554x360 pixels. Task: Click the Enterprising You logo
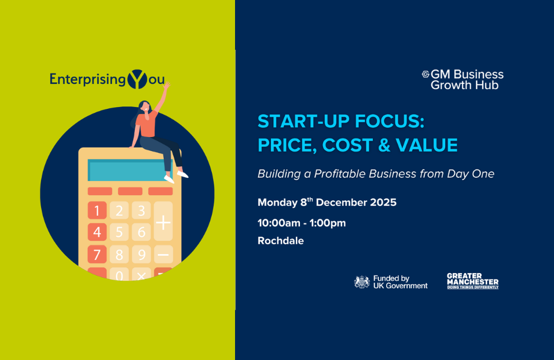(107, 79)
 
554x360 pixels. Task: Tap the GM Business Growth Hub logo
(463, 79)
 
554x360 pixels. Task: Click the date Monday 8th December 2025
(327, 203)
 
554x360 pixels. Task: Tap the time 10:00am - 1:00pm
(302, 223)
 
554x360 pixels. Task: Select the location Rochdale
(281, 241)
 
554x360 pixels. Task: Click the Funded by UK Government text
(400, 282)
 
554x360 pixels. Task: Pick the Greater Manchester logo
(472, 281)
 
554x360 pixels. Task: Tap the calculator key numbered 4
(97, 232)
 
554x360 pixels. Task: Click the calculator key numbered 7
(97, 254)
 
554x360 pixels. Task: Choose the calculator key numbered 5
(119, 232)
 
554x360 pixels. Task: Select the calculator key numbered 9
(141, 254)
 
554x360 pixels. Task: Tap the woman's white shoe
(183, 173)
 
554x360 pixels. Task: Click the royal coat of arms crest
(362, 282)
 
